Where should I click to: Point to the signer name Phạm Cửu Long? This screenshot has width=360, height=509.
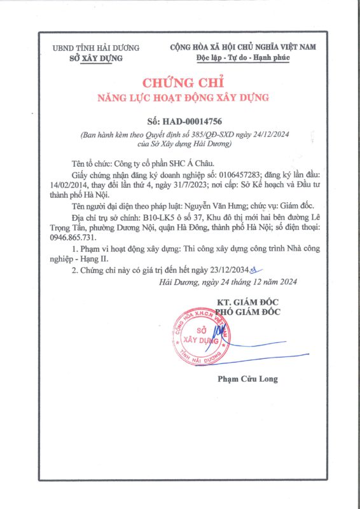(247, 379)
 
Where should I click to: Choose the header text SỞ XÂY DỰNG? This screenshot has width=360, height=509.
(95, 59)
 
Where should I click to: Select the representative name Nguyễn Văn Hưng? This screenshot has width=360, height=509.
(221, 206)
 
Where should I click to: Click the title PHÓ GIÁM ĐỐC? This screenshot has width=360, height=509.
(247, 312)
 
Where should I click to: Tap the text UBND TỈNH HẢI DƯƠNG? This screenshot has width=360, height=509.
(96, 48)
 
